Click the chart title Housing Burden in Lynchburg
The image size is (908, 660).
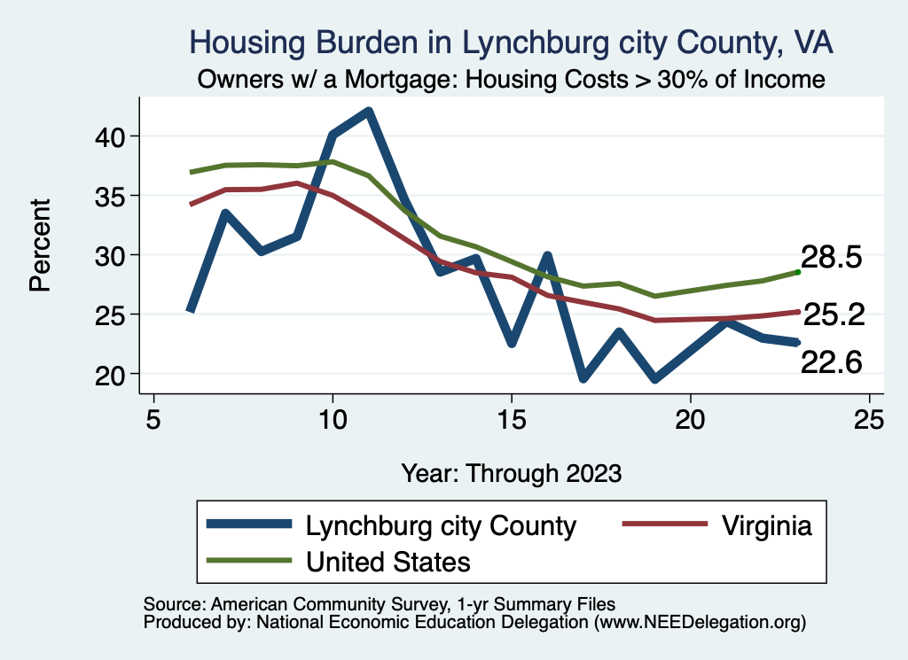tap(512, 42)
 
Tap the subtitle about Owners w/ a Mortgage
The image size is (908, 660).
tap(512, 80)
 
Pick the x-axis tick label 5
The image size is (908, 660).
tap(153, 419)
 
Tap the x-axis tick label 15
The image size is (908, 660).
tap(511, 419)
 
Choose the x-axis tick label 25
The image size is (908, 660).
tap(868, 419)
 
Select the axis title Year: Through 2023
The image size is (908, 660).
tap(512, 472)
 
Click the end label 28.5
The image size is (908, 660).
tap(831, 258)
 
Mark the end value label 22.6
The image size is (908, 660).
tap(831, 362)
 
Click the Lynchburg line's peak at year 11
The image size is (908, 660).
tap(368, 112)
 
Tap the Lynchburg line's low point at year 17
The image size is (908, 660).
tap(583, 378)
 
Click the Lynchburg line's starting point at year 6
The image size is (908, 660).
tap(190, 311)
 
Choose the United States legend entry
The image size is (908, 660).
tap(387, 561)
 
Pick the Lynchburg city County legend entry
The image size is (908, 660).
tap(441, 525)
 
